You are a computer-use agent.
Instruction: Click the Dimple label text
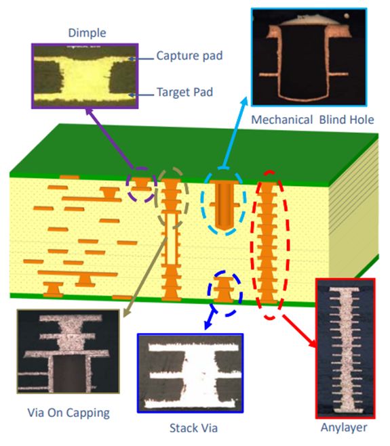pos(87,33)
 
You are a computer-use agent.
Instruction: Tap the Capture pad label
pos(189,55)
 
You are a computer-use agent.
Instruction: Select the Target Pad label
pos(184,92)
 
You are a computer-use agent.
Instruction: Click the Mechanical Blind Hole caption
pos(313,120)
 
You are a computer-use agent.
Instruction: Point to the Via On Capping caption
pos(69,413)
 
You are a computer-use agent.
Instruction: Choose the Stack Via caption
pos(193,428)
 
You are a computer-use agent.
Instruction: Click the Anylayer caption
pos(344,428)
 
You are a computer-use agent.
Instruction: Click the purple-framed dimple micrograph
pos(85,76)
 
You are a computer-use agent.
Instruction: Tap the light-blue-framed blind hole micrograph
pos(309,57)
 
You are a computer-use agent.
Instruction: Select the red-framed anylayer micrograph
pos(345,349)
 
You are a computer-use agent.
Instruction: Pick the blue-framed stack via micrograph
pos(190,373)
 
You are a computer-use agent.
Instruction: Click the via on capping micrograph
pos(68,351)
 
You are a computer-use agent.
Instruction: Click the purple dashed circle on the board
pos(142,185)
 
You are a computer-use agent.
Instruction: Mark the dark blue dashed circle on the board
pos(225,294)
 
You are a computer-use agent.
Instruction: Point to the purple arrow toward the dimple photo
pos(109,138)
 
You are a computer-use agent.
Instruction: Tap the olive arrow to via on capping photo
pos(144,277)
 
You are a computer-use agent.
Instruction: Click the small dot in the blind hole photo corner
pos(347,16)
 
